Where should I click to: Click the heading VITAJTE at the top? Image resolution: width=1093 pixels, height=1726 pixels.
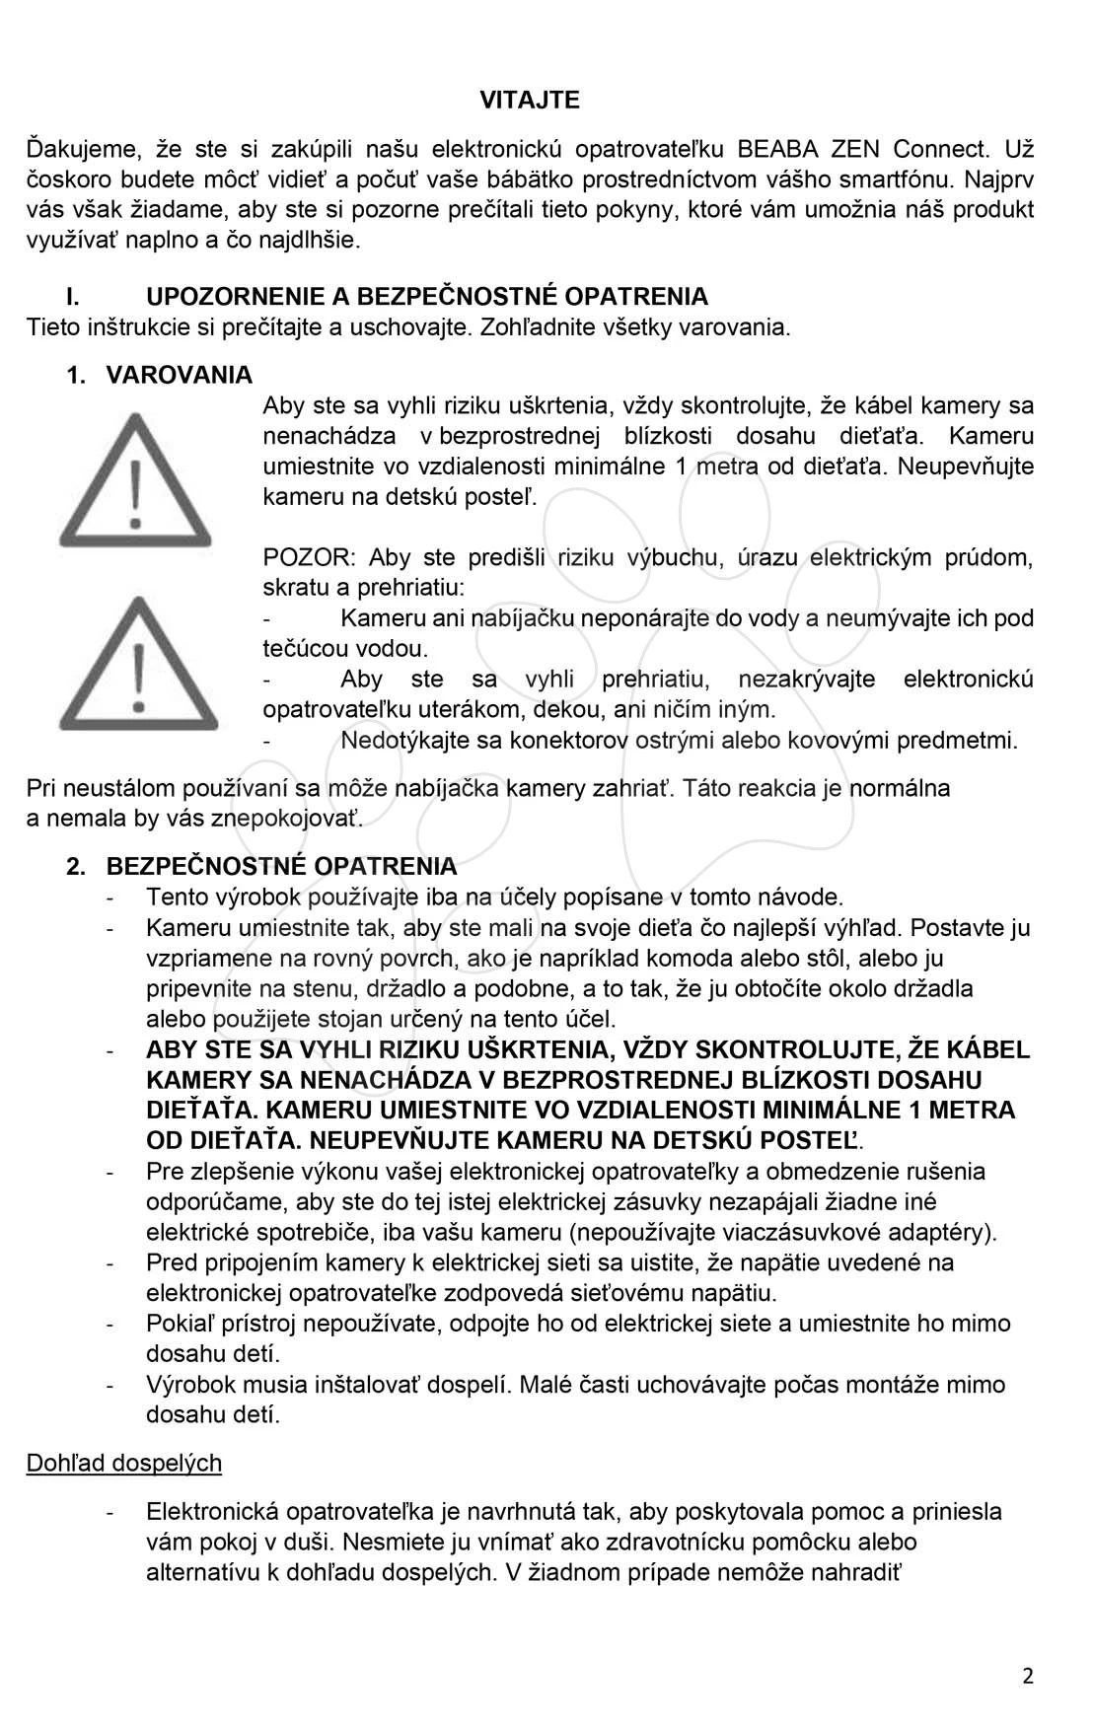pos(530,100)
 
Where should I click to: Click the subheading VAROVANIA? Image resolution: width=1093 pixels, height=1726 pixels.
pos(179,376)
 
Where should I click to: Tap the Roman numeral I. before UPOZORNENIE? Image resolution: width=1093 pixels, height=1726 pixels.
pos(72,297)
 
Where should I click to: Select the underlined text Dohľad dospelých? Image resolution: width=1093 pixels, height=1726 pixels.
pos(123,1463)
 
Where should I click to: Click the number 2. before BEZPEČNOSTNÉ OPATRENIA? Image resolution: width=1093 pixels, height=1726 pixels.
pos(76,867)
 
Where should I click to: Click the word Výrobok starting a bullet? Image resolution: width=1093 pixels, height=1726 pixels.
pos(192,1385)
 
